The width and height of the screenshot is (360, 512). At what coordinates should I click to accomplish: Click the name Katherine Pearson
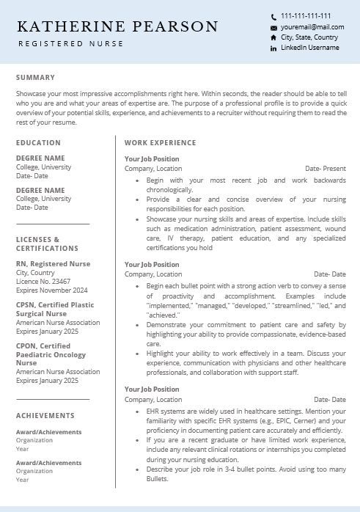click(117, 27)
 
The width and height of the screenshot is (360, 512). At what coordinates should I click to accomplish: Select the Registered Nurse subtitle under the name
click(70, 44)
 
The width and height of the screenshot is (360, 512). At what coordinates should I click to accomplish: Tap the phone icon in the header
click(273, 17)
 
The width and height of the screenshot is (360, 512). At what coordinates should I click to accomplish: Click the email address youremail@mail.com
click(312, 27)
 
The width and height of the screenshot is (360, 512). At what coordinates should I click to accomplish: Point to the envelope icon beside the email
click(273, 27)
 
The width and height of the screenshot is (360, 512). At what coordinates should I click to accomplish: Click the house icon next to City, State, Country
click(273, 37)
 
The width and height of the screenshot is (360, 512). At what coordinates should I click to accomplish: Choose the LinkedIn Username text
click(309, 48)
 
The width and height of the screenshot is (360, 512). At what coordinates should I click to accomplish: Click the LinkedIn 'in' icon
click(273, 48)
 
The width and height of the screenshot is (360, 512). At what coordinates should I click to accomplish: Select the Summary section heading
click(35, 78)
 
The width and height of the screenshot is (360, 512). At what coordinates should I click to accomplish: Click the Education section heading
click(39, 143)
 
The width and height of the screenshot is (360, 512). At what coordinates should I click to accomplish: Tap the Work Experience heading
click(160, 143)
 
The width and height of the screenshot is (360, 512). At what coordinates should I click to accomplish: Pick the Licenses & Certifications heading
click(47, 244)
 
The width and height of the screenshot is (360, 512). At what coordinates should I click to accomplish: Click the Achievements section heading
click(45, 416)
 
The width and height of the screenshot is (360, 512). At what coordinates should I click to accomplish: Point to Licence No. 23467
click(43, 281)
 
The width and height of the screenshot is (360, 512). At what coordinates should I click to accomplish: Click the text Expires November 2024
click(51, 290)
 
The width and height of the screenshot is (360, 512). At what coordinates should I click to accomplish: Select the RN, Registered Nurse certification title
click(54, 264)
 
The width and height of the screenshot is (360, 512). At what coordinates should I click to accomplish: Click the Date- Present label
click(325, 169)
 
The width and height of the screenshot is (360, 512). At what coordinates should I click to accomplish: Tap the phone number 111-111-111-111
click(306, 16)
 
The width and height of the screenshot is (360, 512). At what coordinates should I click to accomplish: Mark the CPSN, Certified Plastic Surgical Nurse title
click(55, 310)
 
